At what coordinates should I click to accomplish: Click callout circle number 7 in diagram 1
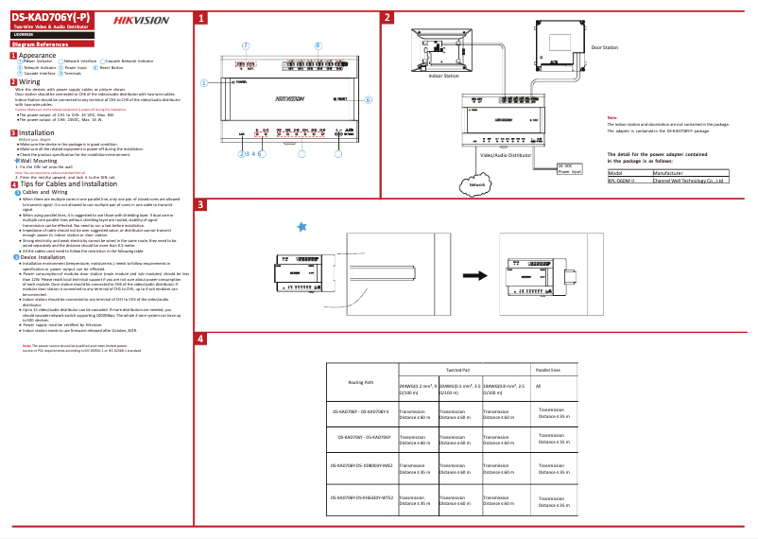coord(246,44)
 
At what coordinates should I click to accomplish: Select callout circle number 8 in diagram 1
coord(318,44)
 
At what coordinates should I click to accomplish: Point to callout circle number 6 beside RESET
coord(369,98)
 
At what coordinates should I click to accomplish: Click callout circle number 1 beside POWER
coord(203,83)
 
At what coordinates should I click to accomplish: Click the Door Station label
coord(604,46)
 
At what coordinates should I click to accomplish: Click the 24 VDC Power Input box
coord(570,168)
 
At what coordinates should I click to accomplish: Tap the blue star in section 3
coord(301,226)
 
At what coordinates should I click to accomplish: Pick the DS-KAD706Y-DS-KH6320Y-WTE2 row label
coord(361,497)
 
